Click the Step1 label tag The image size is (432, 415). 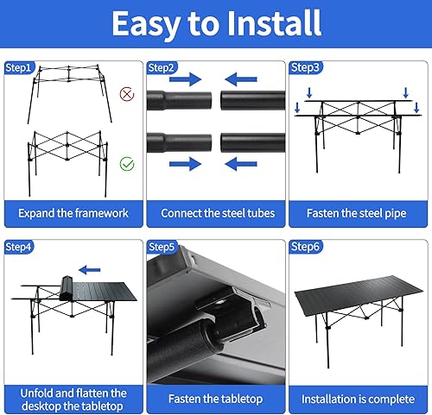(19, 67)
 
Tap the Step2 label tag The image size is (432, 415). (162, 67)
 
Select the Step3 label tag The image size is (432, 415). (304, 67)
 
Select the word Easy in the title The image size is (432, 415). (149, 23)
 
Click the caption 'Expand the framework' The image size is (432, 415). (73, 212)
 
